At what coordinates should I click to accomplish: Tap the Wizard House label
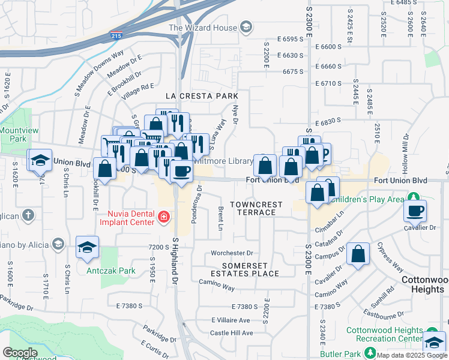[x=203, y=27]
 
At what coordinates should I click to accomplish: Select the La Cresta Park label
[x=202, y=96]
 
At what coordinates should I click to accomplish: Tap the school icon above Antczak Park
[x=87, y=247]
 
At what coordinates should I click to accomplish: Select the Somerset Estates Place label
[x=250, y=269]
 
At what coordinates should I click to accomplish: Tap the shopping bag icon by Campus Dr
[x=358, y=254]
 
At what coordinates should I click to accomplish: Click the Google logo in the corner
[x=20, y=353]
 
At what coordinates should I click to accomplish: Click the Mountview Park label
[x=14, y=134]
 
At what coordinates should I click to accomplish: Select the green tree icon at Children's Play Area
[x=413, y=197]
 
